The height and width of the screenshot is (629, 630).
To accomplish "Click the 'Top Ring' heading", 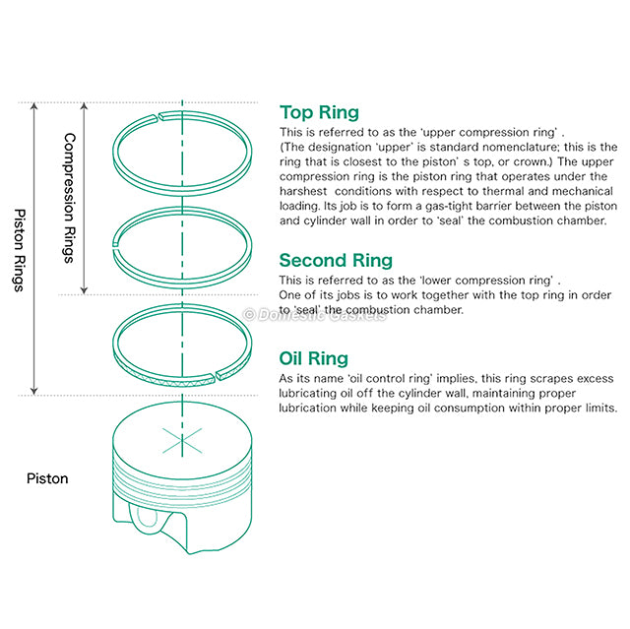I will click(319, 112).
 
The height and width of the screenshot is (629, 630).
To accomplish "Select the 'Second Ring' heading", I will click(336, 260).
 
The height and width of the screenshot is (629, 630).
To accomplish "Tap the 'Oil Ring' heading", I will click(313, 358).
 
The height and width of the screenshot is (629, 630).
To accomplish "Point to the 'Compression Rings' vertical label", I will click(69, 198).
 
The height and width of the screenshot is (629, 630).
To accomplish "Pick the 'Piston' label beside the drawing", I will click(47, 479).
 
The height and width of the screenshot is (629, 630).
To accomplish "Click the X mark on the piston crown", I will click(181, 440).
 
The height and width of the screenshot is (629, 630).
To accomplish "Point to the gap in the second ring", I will click(116, 240).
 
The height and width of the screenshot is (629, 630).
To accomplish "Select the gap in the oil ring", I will click(219, 375).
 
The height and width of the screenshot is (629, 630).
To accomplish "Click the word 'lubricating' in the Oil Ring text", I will click(309, 393).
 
